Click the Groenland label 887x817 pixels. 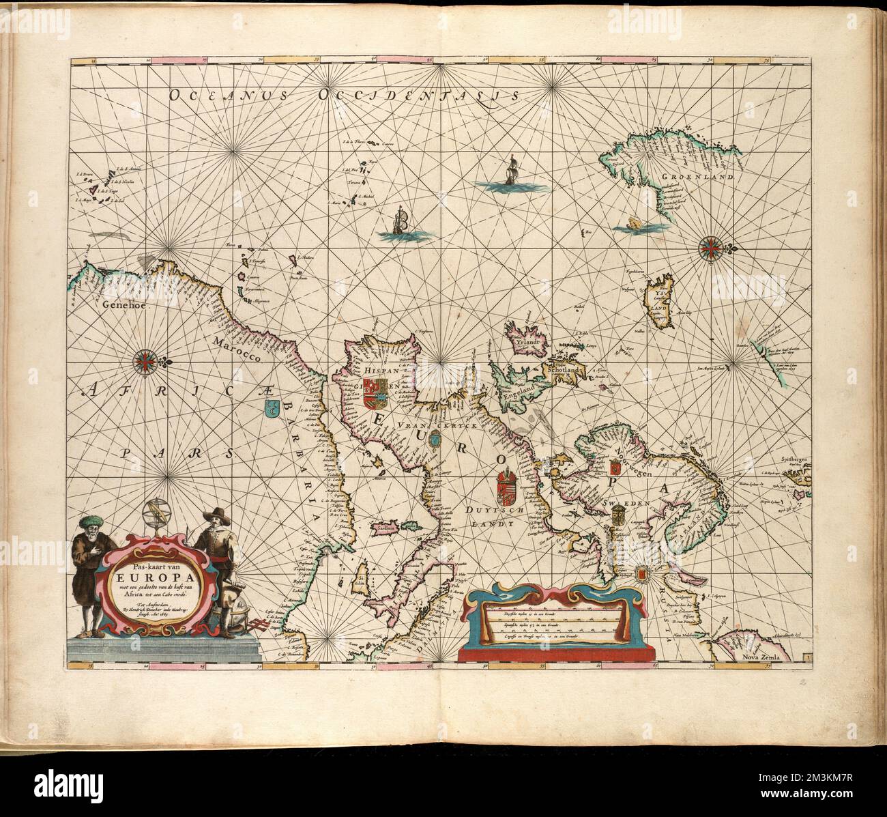click(x=697, y=176)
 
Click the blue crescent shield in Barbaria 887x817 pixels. click(x=271, y=409)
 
